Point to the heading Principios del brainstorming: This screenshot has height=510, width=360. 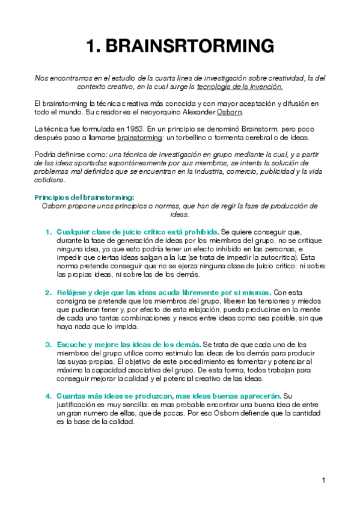click(x=84, y=197)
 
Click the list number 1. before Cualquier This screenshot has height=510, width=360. click(x=48, y=232)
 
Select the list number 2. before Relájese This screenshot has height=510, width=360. click(x=48, y=292)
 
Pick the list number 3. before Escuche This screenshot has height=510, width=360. click(x=48, y=345)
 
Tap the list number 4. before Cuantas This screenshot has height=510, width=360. click(x=48, y=396)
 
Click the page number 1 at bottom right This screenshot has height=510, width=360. click(x=323, y=480)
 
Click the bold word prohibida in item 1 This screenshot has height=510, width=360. click(x=201, y=232)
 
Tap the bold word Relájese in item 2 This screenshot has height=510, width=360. click(x=72, y=292)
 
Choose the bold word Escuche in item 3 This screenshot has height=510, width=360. click(x=72, y=345)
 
